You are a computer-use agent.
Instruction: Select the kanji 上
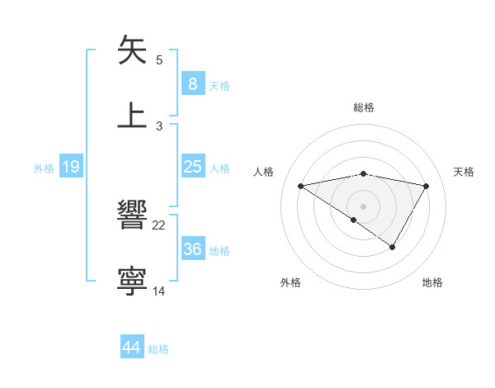[x=133, y=115]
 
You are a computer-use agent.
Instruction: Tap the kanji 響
[x=133, y=216]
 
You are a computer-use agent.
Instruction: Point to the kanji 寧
[x=133, y=282]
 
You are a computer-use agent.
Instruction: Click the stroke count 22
[x=159, y=225]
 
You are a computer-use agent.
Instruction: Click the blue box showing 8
[x=192, y=83]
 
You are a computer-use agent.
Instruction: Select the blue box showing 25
[x=192, y=167]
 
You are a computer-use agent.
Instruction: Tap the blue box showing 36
[x=192, y=248]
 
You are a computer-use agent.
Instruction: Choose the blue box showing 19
[x=70, y=167]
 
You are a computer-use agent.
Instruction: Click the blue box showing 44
[x=131, y=348]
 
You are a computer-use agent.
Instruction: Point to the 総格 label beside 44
[x=158, y=349]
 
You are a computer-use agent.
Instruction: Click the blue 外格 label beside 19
[x=44, y=168]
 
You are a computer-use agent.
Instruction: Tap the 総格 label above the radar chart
[x=363, y=107]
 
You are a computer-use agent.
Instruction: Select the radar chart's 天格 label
[x=464, y=172]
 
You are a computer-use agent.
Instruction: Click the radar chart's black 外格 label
[x=290, y=283]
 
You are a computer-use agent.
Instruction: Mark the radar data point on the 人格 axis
[x=301, y=186]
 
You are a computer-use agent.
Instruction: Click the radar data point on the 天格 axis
[x=426, y=186]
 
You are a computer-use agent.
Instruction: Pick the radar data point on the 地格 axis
[x=393, y=247]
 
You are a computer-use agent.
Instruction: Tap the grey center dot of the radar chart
[x=363, y=206]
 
